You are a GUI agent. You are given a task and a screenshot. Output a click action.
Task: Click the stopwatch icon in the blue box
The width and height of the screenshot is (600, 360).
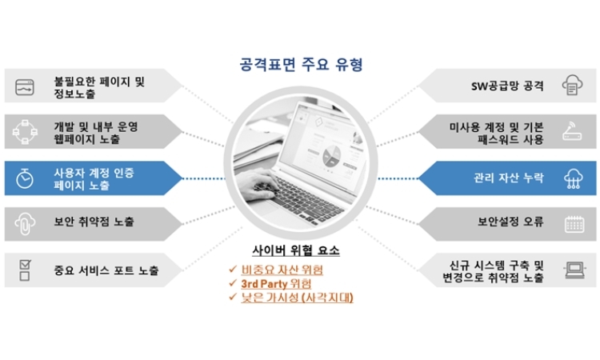[25, 178]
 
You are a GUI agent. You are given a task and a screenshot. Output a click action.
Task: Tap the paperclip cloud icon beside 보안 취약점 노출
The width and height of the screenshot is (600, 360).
[25, 223]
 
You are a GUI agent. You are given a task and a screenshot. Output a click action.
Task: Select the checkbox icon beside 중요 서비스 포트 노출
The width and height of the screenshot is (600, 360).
[25, 270]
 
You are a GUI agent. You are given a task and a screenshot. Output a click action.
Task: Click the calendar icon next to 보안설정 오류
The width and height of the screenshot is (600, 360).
[574, 224]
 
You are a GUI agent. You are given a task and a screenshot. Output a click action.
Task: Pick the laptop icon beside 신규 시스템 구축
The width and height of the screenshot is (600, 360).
[574, 270]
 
